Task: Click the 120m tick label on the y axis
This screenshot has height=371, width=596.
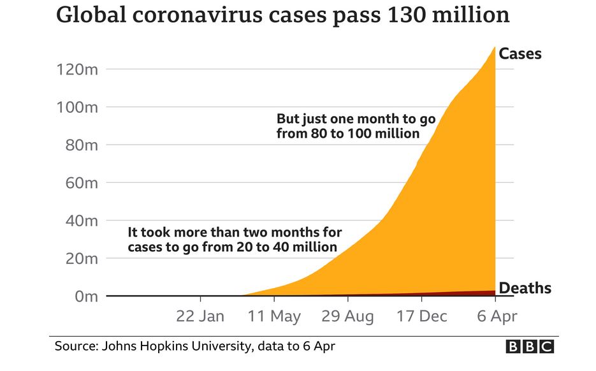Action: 78,69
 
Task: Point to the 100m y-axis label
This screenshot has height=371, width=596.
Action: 78,107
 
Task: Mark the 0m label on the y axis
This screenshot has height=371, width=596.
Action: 86,296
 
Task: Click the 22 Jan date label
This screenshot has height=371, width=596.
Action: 200,316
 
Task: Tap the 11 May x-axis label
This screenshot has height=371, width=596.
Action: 275,316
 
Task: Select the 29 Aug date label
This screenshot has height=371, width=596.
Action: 347,316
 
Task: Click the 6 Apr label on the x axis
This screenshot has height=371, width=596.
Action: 496,316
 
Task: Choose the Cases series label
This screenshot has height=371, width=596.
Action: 520,54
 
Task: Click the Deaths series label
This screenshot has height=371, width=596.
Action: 525,289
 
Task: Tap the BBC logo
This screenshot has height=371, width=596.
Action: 530,346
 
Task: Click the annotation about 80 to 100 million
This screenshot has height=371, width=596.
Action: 347,126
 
